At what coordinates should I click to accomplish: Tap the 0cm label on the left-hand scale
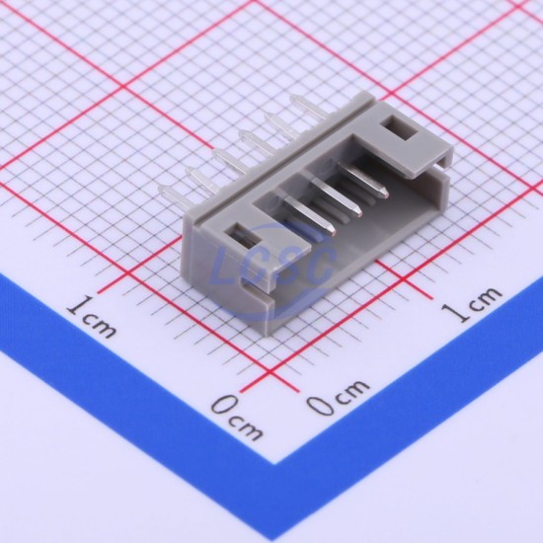click(x=237, y=419)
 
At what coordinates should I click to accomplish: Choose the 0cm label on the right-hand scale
click(x=337, y=397)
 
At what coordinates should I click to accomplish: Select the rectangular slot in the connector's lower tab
click(x=243, y=236)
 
